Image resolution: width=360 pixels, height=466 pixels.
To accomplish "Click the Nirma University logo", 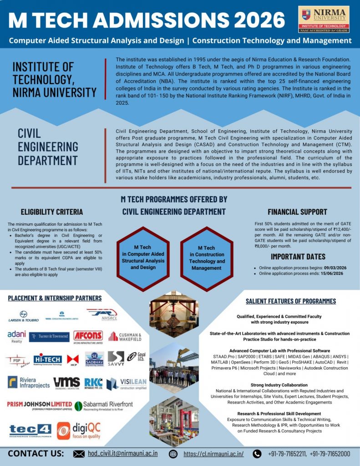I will click(324, 19).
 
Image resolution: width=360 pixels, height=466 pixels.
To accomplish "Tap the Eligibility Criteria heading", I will click(52, 212).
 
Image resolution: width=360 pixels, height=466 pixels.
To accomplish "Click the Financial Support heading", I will click(297, 212).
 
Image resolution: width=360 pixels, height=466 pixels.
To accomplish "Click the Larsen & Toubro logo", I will click(24, 316).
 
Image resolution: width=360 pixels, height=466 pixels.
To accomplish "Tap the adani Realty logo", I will click(17, 337).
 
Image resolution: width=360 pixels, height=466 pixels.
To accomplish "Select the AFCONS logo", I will click(88, 337).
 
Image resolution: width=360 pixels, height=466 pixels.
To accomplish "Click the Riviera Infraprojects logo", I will click(28, 382).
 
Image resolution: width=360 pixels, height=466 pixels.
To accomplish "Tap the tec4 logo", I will click(30, 430).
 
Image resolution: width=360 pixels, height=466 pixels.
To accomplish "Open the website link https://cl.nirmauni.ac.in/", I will click(213, 454).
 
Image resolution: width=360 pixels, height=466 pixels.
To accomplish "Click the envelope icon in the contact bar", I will click(79, 454).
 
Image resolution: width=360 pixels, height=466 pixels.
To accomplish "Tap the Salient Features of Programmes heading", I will click(290, 301).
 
